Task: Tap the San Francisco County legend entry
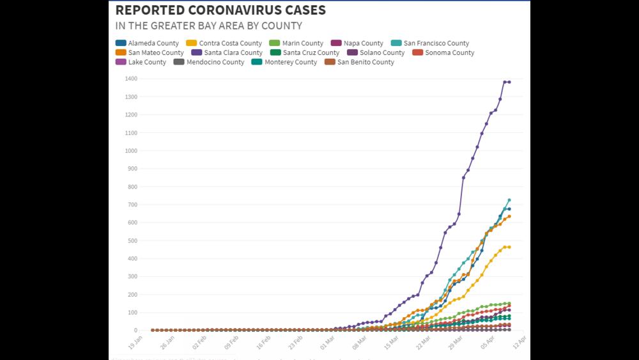pyautogui.click(x=431, y=43)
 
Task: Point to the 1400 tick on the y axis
pyautogui.click(x=131, y=79)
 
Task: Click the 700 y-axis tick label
pyautogui.click(x=132, y=205)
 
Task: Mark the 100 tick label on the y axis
pyautogui.click(x=132, y=313)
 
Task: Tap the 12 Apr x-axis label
pyautogui.click(x=518, y=343)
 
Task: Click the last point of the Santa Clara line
pyautogui.click(x=509, y=82)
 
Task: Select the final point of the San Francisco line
pyautogui.click(x=509, y=200)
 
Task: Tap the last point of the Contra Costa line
pyautogui.click(x=509, y=247)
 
